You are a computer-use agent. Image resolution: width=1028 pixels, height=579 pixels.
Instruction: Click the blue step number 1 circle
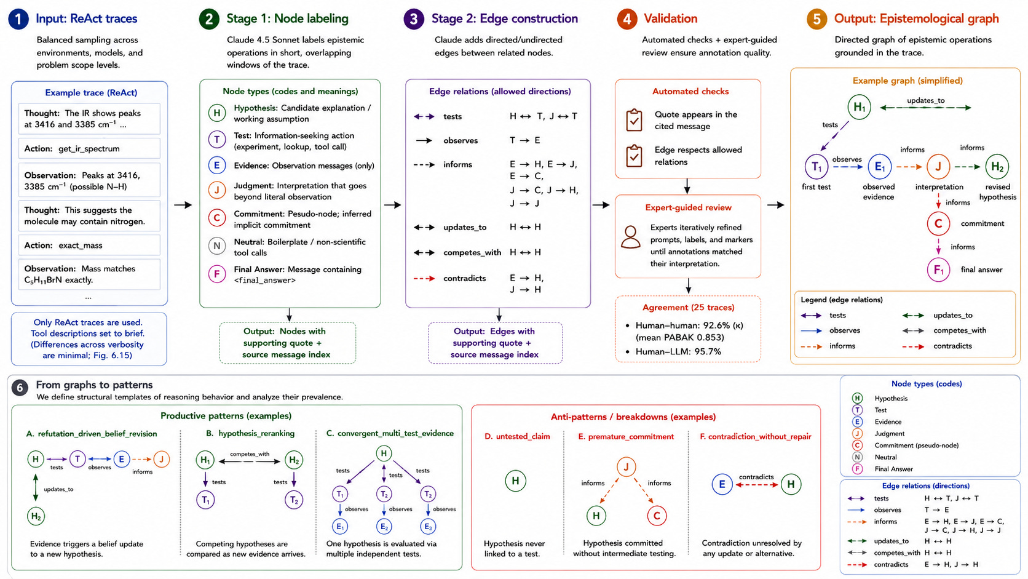[18, 19]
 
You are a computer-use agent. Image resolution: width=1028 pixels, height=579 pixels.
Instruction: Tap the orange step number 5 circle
[817, 19]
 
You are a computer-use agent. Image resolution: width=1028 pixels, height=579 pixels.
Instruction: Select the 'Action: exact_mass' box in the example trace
[90, 245]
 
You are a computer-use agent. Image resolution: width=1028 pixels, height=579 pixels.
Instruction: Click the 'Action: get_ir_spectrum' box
[90, 148]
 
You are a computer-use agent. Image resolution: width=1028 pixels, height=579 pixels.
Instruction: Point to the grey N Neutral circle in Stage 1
[217, 246]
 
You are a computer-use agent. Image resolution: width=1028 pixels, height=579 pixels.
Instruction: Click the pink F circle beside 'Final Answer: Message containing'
[217, 274]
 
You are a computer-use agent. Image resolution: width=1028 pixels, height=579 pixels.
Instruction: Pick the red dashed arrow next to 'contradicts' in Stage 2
[424, 278]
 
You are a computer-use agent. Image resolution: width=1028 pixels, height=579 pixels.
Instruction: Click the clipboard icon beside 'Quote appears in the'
[635, 121]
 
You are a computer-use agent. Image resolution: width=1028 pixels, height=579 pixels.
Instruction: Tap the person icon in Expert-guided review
[631, 237]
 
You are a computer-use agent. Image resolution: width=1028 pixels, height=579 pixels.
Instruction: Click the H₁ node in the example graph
[859, 108]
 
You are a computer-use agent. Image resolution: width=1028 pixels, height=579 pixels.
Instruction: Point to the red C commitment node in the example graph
[938, 223]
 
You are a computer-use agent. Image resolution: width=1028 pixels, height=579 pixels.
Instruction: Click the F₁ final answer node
[938, 270]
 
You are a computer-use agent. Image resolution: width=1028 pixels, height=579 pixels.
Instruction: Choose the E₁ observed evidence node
[879, 167]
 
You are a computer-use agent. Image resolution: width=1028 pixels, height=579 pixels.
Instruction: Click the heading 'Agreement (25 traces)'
[689, 308]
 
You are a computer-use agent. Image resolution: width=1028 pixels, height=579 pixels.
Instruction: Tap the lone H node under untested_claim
[515, 481]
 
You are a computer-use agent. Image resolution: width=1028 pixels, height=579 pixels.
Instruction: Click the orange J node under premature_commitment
[626, 467]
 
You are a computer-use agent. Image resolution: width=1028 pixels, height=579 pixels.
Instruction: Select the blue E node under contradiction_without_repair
[722, 484]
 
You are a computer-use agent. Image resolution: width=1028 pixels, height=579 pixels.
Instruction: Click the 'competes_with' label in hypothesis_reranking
[250, 453]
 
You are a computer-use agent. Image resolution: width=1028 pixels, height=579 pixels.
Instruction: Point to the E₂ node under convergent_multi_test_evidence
[384, 526]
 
